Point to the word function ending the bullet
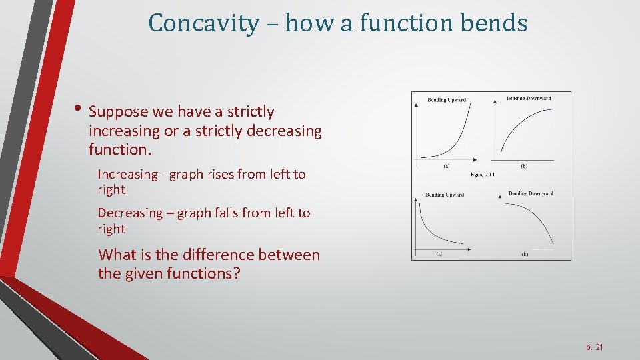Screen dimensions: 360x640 point(119,150)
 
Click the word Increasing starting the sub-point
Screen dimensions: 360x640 point(129,175)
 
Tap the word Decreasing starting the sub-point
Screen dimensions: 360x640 point(130,213)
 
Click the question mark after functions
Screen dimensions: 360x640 point(236,273)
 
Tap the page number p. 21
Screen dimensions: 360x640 point(595,347)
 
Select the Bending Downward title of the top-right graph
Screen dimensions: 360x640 point(529,99)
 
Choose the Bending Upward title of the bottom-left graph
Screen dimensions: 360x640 point(445,195)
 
